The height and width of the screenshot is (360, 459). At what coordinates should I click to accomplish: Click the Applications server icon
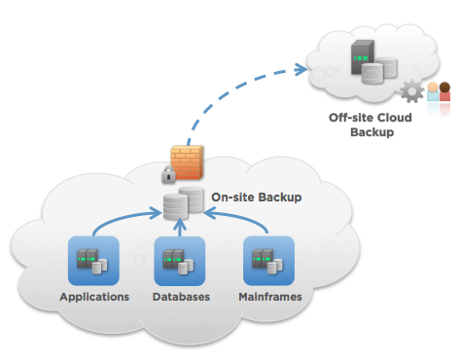coord(93,261)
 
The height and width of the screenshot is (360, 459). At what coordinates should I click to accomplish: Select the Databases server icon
coord(180,261)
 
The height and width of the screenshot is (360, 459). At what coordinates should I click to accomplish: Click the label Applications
coord(93,296)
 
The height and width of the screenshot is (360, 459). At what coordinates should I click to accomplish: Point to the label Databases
coord(180,296)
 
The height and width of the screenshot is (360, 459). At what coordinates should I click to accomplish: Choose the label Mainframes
coord(269,296)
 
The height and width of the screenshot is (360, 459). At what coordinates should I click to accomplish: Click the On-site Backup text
coord(256,198)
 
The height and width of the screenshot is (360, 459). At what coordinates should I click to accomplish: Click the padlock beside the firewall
coord(168,176)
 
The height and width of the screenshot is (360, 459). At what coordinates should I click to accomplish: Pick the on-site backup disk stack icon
coord(183,203)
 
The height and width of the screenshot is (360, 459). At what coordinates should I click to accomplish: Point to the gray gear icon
coord(411,94)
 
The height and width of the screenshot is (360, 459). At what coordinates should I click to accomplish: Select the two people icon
coord(439,94)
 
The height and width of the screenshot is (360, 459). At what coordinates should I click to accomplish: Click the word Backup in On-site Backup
coord(280,198)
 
